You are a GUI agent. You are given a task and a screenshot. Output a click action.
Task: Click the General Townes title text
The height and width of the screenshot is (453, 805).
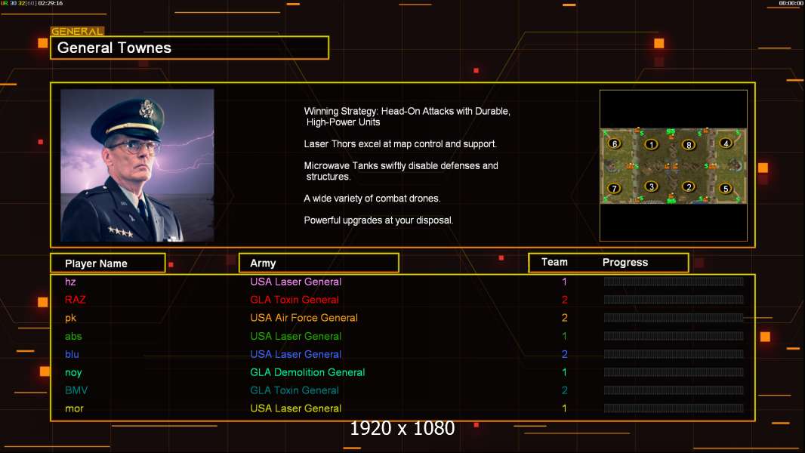(115, 48)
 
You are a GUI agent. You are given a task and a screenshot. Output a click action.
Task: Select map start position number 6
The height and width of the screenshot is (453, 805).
(614, 143)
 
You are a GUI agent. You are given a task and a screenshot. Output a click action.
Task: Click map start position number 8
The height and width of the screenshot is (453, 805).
(688, 144)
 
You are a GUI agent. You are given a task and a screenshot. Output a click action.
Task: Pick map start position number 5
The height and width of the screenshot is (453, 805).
(725, 188)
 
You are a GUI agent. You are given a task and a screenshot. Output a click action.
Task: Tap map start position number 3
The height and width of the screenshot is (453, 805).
(651, 186)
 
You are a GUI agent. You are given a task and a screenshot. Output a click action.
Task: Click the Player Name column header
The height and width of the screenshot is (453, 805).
(96, 263)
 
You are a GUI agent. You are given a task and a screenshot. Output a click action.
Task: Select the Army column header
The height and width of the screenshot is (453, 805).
(263, 263)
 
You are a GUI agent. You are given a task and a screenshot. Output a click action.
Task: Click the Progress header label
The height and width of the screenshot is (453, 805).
(625, 263)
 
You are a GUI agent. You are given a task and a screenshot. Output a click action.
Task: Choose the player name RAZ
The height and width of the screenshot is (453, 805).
(75, 300)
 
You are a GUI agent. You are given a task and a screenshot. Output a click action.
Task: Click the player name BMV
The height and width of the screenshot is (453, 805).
(76, 390)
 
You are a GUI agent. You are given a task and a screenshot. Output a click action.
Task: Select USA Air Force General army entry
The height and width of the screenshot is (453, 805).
(304, 318)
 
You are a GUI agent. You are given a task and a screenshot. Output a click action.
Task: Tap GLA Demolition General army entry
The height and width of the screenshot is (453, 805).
(307, 372)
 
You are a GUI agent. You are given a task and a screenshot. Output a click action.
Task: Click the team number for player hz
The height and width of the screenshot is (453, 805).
(564, 282)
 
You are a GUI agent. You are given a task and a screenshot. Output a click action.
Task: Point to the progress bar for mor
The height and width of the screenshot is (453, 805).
(674, 408)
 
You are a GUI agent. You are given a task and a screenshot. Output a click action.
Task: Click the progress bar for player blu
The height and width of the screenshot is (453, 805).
(674, 354)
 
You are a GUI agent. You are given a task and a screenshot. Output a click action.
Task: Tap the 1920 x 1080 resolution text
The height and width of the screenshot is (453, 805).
(402, 429)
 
